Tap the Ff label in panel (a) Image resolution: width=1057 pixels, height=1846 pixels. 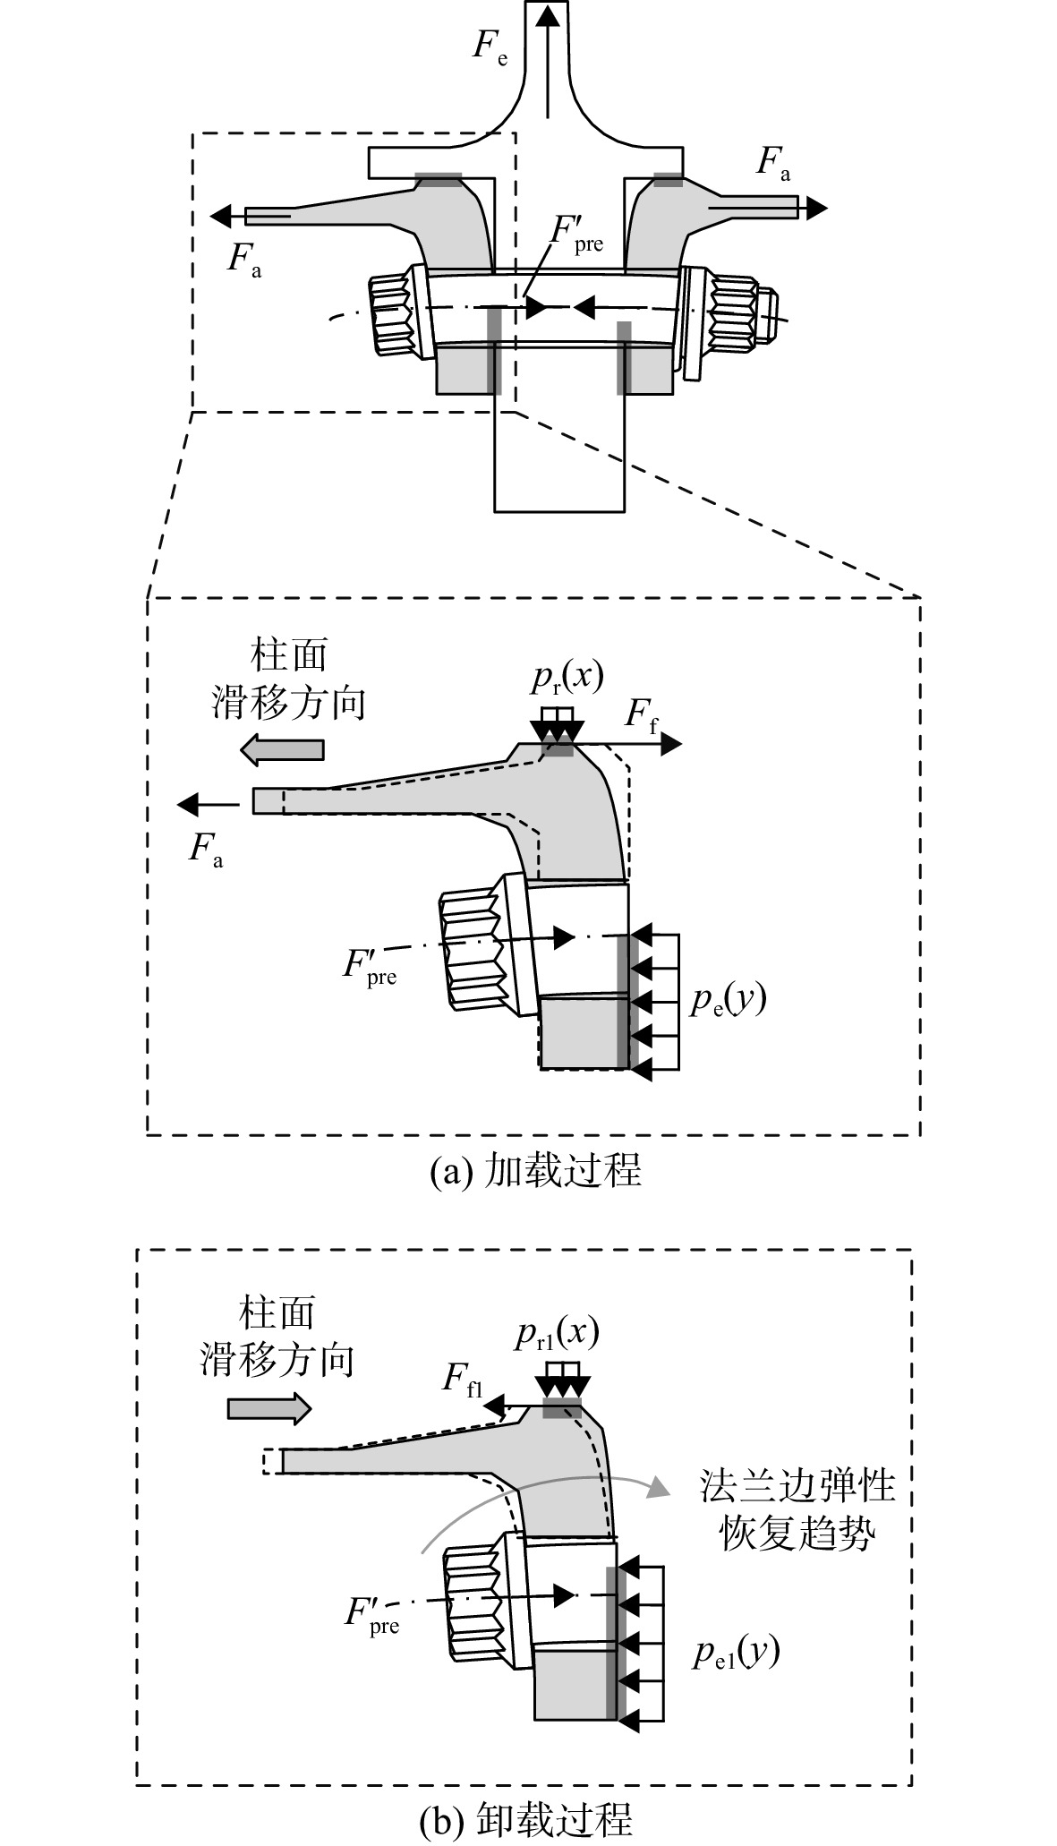click(x=641, y=716)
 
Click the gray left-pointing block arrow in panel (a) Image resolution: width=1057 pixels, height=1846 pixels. click(x=283, y=748)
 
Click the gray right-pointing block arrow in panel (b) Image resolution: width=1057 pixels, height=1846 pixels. click(x=269, y=1409)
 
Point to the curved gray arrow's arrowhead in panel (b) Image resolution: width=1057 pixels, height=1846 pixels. click(x=658, y=1486)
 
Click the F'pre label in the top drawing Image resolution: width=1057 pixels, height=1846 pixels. click(x=575, y=234)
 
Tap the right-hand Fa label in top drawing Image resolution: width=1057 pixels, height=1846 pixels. click(x=774, y=163)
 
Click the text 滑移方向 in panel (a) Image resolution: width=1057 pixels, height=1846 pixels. click(x=289, y=703)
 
